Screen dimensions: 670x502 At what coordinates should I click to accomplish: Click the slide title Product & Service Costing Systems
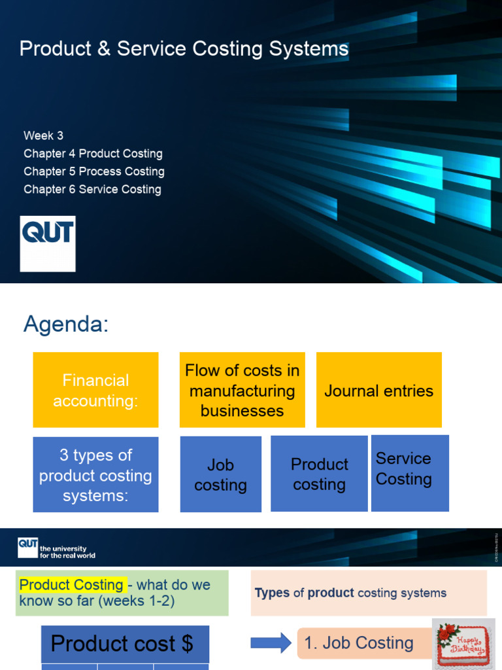coord(184,49)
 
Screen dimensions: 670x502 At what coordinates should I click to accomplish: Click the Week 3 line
coord(43,136)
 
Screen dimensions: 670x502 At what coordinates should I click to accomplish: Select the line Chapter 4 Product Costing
coord(93,154)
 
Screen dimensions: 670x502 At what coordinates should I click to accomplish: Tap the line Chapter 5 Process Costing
coord(93,171)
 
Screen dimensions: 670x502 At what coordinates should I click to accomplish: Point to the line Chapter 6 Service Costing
coord(92,189)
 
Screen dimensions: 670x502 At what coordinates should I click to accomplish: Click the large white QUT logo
coord(48,243)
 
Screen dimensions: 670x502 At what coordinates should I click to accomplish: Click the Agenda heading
coord(66,324)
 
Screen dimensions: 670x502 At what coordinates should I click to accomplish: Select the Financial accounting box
coord(95,390)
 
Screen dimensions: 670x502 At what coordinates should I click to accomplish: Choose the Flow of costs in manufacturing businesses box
coord(243,390)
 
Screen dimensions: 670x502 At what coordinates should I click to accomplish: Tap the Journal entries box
coord(378,391)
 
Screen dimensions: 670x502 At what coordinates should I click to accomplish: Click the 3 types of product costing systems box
coord(95,475)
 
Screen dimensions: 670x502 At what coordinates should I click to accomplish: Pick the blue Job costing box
coord(220,475)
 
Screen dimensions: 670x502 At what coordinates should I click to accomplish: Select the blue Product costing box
coord(319,474)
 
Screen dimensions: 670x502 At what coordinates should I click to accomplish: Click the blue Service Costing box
coord(410,473)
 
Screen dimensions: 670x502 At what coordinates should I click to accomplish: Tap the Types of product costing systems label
coord(350,593)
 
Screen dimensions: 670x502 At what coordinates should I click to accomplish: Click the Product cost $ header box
coord(125,644)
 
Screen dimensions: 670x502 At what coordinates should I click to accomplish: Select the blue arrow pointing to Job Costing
coord(271,643)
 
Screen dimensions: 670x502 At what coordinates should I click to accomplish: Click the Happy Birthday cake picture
coord(462,643)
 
